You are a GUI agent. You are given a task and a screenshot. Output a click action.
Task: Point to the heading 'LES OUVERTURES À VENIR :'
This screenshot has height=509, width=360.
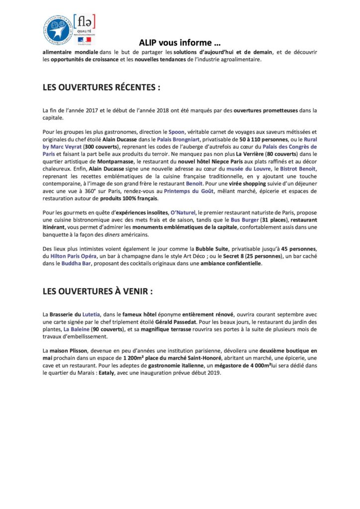[97, 291]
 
